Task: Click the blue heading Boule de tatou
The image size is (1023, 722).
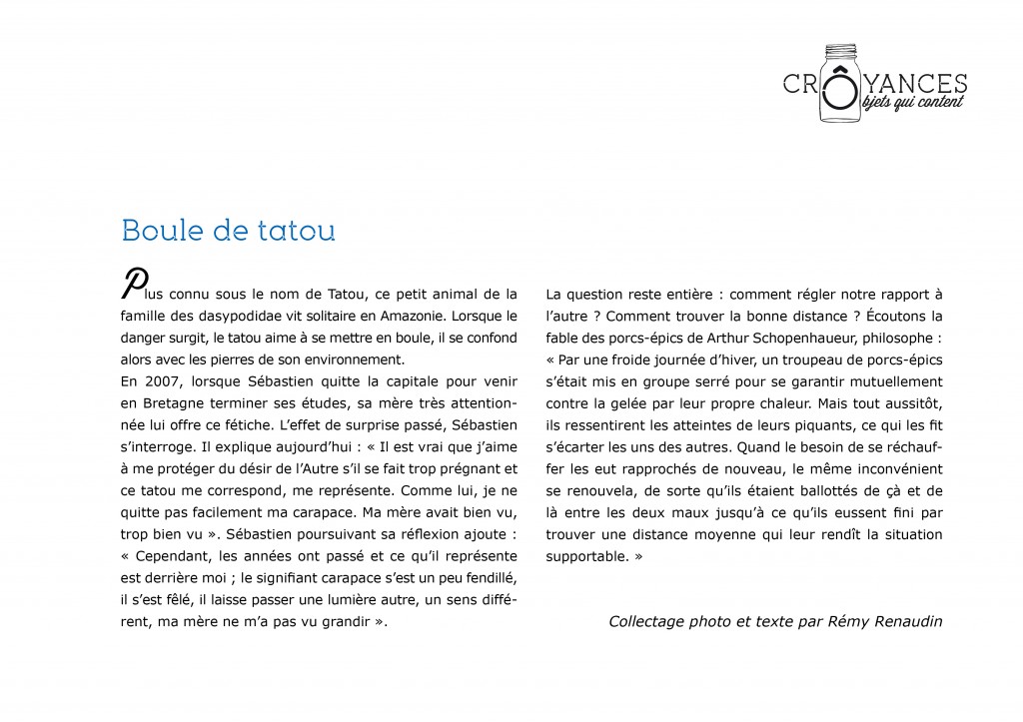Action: pyautogui.click(x=228, y=231)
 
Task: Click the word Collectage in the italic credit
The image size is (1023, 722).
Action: pyautogui.click(x=646, y=621)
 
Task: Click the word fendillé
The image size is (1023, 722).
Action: pyautogui.click(x=488, y=577)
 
